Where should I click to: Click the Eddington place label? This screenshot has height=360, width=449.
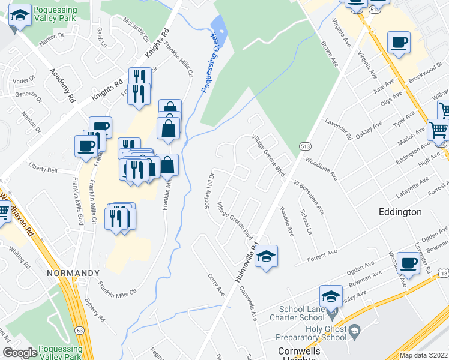[400, 212]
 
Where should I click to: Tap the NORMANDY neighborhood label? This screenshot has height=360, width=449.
[73, 273]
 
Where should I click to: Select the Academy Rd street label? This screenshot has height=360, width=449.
[62, 83]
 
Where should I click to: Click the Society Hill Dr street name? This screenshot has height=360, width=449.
[209, 192]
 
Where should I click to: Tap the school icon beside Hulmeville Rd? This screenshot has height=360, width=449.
[266, 257]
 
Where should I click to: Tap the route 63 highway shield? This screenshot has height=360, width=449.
[79, 313]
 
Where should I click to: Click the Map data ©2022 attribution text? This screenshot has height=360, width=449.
[424, 355]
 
